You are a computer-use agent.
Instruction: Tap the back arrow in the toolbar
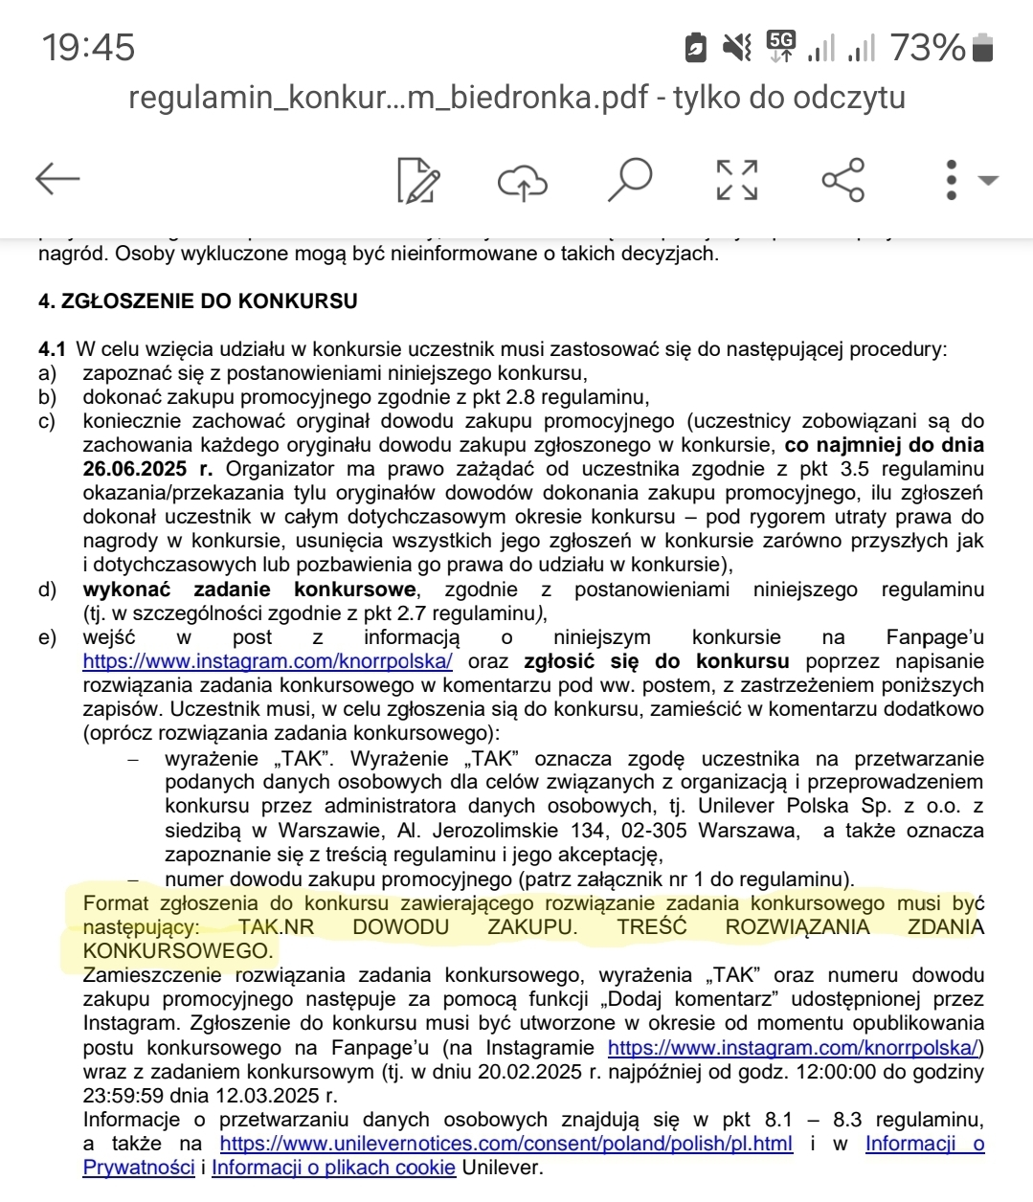[57, 179]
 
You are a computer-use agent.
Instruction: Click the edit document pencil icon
[418, 179]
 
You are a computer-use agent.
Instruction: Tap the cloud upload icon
[523, 180]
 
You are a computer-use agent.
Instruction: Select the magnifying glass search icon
[629, 179]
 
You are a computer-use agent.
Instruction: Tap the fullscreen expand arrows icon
[737, 179]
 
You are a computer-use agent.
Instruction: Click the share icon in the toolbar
[843, 179]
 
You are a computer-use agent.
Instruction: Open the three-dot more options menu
[952, 179]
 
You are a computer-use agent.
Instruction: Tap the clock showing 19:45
[88, 47]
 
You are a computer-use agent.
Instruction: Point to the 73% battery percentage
[927, 47]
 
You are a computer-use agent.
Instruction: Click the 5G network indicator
[781, 45]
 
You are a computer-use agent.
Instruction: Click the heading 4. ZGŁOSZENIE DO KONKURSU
[198, 301]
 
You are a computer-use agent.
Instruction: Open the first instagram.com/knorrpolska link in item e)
[268, 661]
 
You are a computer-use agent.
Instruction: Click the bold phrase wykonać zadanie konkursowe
[249, 590]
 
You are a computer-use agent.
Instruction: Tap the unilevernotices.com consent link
[505, 1144]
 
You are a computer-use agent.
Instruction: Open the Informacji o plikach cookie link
[333, 1168]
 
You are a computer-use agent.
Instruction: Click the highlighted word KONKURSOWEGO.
[177, 951]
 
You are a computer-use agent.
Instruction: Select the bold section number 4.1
[52, 349]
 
